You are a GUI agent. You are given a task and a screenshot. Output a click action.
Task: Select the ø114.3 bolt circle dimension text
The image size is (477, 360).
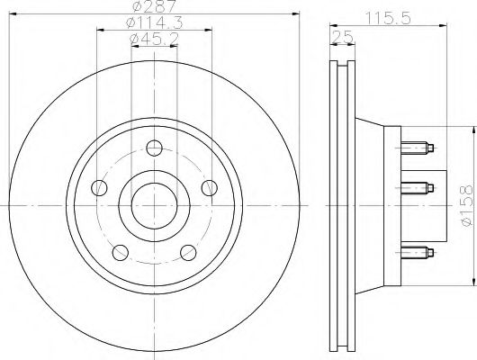[x=149, y=23]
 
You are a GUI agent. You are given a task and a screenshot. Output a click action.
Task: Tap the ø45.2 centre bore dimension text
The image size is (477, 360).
[x=149, y=39]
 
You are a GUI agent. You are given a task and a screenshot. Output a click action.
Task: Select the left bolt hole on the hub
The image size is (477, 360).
[x=101, y=187]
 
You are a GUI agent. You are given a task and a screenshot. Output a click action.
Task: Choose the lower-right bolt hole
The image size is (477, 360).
[x=188, y=251]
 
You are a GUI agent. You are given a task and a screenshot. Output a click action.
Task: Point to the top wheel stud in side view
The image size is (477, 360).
[x=419, y=147]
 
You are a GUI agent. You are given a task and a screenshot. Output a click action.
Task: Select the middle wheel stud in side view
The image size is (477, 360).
[x=419, y=187]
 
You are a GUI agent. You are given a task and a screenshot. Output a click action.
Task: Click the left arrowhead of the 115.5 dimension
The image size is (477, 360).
[x=331, y=24]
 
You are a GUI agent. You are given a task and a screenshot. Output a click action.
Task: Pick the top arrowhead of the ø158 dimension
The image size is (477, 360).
[x=469, y=130]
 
